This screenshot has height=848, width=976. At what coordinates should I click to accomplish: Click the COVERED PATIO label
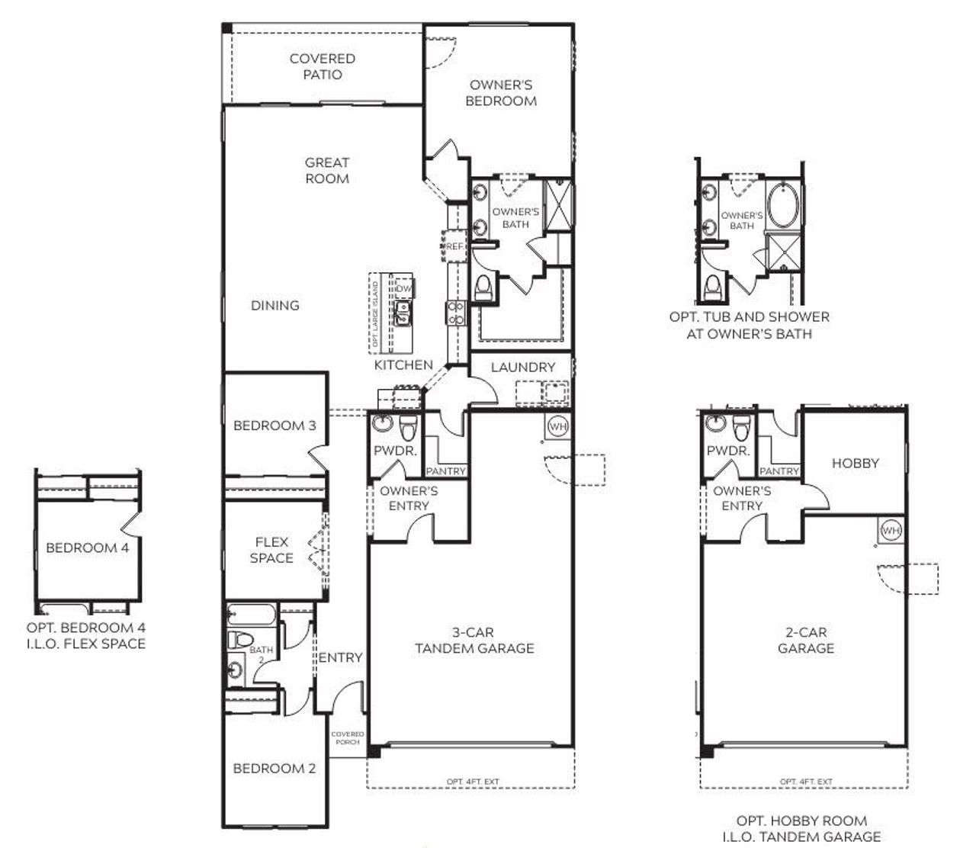322,66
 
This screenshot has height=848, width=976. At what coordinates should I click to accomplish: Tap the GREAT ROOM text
327,170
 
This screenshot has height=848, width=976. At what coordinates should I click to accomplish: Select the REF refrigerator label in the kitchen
454,246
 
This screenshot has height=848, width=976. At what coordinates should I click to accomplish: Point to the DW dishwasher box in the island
403,289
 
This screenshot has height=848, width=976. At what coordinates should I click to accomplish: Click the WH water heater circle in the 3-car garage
558,426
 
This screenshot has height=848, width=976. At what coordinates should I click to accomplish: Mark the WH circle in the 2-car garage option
891,530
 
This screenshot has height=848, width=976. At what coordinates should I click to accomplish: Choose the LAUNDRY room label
522,367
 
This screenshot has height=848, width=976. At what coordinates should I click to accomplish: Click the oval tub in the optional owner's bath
785,204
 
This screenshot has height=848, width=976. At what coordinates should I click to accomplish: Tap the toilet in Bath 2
241,640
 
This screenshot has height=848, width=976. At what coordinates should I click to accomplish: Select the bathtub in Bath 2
249,615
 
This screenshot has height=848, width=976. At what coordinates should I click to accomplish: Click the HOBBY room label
855,463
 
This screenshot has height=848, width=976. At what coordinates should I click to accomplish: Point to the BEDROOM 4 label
82,548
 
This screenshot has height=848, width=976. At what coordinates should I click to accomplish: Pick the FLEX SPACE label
271,550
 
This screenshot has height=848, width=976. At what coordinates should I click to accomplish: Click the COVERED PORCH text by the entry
347,737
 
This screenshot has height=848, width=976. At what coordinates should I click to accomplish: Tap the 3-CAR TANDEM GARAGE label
474,641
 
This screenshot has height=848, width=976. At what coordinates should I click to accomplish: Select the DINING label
274,305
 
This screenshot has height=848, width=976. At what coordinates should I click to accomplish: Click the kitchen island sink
402,311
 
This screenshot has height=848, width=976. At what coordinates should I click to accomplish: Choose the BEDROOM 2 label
274,768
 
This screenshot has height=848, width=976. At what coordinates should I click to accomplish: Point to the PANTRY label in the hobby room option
779,471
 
